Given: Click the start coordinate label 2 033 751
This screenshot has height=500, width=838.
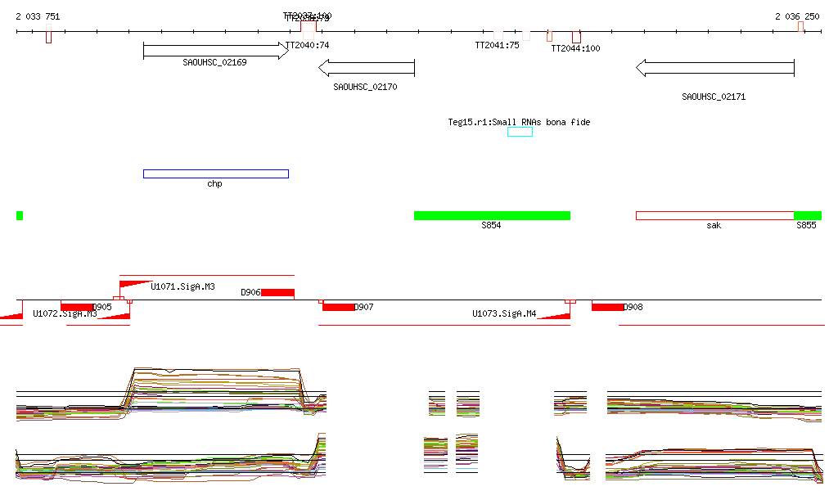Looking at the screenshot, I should [38, 16].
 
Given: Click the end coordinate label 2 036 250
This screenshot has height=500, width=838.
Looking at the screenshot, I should [798, 16].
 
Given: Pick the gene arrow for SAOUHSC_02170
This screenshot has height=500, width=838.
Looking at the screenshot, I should [366, 68].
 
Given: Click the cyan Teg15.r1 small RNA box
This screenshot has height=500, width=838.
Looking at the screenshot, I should [520, 132].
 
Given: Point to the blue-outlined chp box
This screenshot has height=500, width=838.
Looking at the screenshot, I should [216, 173].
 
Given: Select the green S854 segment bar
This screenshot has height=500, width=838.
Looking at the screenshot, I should [492, 215].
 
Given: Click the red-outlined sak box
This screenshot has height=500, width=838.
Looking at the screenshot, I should [714, 215].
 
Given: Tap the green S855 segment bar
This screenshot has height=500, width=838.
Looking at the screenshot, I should [808, 215].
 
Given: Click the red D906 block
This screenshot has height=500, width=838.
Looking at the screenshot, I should [277, 292].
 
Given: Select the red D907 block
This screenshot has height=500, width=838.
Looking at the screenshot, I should [339, 307].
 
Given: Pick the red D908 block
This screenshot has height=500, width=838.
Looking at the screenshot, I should [607, 307].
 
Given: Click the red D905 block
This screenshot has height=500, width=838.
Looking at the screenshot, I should [77, 307].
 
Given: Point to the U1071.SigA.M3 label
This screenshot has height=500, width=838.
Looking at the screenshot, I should [182, 286].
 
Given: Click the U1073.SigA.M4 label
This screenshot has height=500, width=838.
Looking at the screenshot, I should [504, 313].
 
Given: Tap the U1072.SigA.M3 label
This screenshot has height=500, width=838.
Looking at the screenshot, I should [65, 313].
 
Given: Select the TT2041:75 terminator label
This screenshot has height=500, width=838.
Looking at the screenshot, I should [497, 46].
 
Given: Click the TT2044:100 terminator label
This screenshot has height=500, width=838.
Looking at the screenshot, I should [575, 48].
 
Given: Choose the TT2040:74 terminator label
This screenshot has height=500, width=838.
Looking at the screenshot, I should [307, 46].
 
